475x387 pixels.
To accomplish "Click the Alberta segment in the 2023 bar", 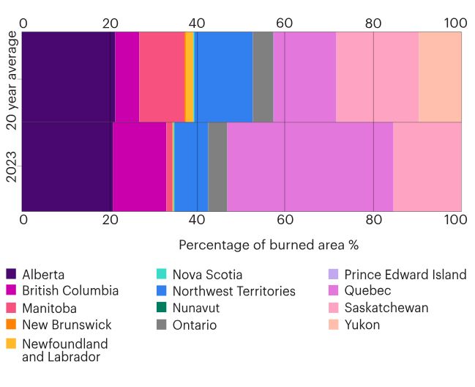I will click(67, 166).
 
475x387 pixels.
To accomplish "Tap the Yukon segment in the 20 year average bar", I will click(440, 77).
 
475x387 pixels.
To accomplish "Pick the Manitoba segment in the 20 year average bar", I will click(162, 77).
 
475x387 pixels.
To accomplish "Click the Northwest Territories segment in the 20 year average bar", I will click(225, 77).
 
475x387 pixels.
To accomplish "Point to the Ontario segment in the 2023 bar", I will click(217, 166).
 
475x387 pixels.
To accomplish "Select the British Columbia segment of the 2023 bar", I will click(139, 166).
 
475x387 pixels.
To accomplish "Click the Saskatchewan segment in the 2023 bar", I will click(427, 166).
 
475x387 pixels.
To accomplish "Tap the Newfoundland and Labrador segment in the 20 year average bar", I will click(190, 77).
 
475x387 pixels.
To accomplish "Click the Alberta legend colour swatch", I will click(12, 275).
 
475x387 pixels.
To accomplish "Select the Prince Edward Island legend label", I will click(405, 275).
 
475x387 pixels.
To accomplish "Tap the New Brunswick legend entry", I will click(67, 325).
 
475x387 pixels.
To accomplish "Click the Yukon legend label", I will click(362, 325).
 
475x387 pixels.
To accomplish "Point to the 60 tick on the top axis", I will click(285, 23).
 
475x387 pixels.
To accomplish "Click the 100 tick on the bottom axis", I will click(452, 220).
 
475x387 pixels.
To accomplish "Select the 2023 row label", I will click(12, 166).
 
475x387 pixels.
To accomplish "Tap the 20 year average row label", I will click(12, 77).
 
